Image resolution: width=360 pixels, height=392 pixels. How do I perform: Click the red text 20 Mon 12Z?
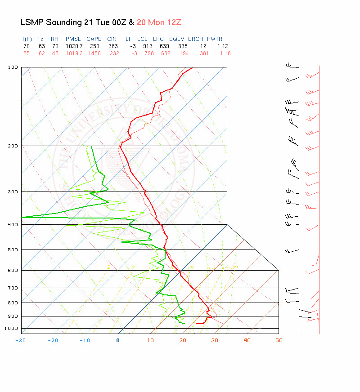point(159,22)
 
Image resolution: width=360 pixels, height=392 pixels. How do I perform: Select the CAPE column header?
point(94,39)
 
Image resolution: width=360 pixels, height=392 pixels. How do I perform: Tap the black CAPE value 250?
point(94,46)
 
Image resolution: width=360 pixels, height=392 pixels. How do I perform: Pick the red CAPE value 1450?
point(94,53)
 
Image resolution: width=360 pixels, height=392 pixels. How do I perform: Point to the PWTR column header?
point(215,39)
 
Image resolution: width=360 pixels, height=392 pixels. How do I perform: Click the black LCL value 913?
point(142,46)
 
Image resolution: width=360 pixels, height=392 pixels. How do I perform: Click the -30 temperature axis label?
point(20,340)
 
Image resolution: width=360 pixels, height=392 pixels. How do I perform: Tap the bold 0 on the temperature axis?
point(118,340)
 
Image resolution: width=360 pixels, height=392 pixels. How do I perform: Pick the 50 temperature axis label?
point(279,340)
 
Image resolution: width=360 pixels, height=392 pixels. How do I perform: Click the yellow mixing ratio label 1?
point(108,267)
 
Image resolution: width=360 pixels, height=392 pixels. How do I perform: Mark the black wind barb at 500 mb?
point(292,250)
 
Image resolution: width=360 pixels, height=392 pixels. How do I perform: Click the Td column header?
point(40,39)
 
